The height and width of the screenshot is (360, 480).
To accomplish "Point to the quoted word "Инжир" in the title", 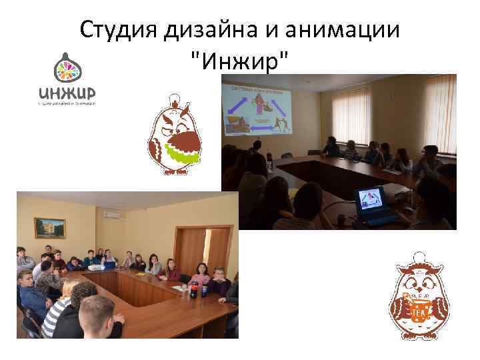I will click(240, 64).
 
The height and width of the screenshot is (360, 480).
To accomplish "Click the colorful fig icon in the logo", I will click(65, 68).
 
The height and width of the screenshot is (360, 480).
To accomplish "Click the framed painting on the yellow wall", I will click(50, 228).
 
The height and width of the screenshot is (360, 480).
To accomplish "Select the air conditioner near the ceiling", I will click(111, 215).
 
